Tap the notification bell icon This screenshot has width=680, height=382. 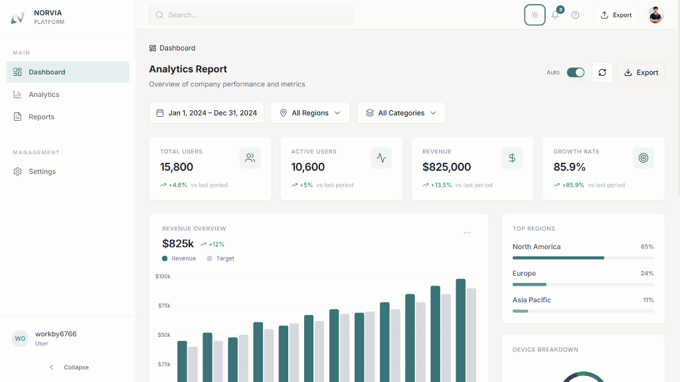pyautogui.click(x=555, y=15)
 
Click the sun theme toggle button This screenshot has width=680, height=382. pyautogui.click(x=535, y=15)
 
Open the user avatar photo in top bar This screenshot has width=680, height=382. pyautogui.click(x=655, y=15)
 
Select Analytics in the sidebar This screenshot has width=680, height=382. pyautogui.click(x=44, y=94)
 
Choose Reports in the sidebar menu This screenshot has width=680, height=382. pyautogui.click(x=41, y=117)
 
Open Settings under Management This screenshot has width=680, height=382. pyautogui.click(x=42, y=171)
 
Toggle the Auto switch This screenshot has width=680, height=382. pyautogui.click(x=575, y=72)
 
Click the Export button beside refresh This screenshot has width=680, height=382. pyautogui.click(x=641, y=72)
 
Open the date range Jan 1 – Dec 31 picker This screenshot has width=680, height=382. pyautogui.click(x=207, y=113)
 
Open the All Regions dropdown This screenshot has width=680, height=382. pyautogui.click(x=310, y=113)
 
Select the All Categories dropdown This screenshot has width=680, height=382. pyautogui.click(x=401, y=113)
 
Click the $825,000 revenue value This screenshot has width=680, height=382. pyautogui.click(x=446, y=167)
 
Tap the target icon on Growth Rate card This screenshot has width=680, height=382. pyautogui.click(x=643, y=157)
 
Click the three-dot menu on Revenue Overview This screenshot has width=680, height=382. pyautogui.click(x=467, y=233)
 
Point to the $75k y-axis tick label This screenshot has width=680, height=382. pyautogui.click(x=163, y=306)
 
